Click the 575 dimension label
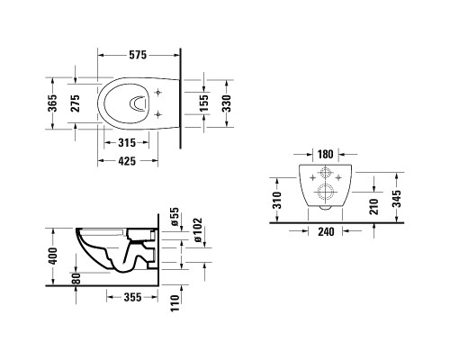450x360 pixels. [x=138, y=55]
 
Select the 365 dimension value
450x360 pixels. [x=53, y=103]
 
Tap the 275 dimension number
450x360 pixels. [x=75, y=103]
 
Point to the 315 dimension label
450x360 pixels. [x=127, y=143]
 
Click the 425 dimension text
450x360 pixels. [x=127, y=161]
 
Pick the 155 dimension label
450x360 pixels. [x=204, y=103]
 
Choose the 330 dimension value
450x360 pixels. [x=227, y=103]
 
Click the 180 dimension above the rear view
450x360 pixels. [x=326, y=154]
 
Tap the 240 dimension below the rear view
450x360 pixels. [x=326, y=231]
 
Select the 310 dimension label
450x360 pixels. [x=276, y=200]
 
